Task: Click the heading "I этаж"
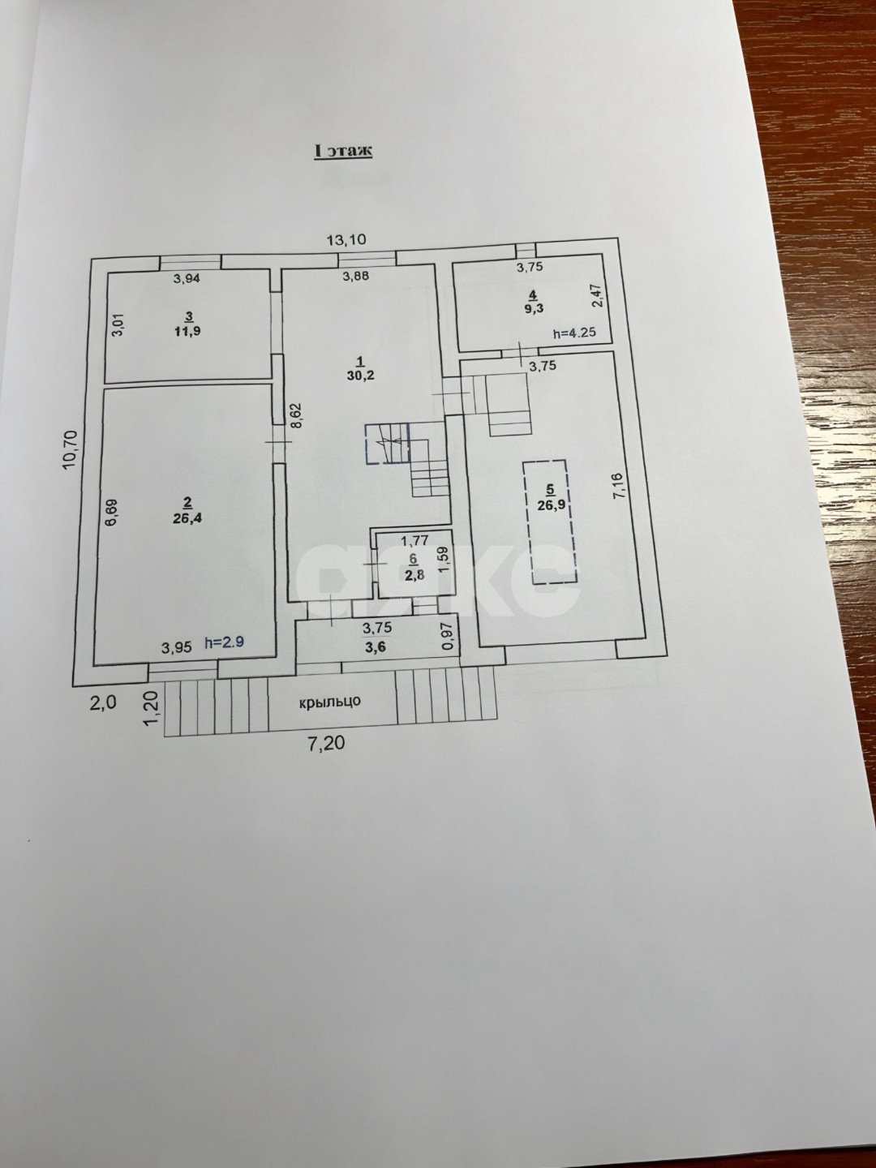coord(343,151)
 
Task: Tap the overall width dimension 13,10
coord(346,239)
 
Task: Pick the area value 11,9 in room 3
coord(188,330)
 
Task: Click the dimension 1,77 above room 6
coord(414,539)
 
